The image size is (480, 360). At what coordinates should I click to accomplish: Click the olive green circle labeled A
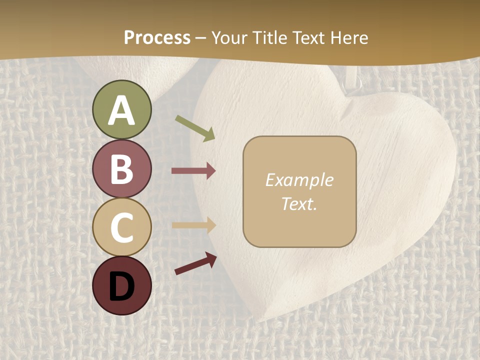[x=122, y=109]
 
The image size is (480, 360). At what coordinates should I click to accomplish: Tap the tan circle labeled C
[x=122, y=227]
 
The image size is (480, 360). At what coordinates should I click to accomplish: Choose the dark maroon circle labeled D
[x=122, y=285]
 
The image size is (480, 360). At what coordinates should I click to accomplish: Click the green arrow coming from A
[x=195, y=128]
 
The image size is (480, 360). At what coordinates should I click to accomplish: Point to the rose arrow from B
[x=193, y=171]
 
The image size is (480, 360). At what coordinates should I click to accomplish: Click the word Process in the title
[x=157, y=38]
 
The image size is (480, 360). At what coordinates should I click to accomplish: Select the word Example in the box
[x=299, y=180]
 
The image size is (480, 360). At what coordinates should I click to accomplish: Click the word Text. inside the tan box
[x=299, y=203]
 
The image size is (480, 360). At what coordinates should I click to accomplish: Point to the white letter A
[x=122, y=110]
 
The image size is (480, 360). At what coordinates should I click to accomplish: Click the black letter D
[x=122, y=286]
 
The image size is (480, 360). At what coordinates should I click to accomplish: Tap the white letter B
[x=122, y=169]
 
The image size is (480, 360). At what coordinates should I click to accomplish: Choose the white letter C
[x=122, y=227]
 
